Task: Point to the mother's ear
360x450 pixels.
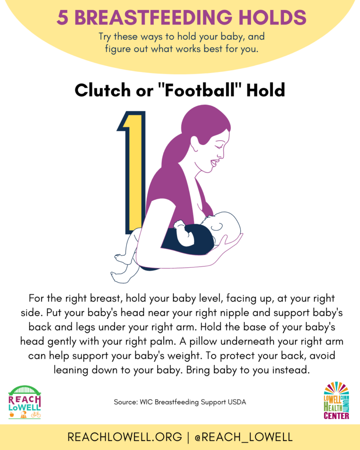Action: [194, 143]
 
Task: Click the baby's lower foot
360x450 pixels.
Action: [118, 277]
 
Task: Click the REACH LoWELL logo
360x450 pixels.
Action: [25, 402]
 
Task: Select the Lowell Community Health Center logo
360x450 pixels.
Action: [336, 401]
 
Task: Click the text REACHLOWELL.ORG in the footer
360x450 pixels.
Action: [125, 437]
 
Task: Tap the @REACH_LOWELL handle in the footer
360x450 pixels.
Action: [243, 437]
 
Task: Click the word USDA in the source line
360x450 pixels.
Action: [237, 402]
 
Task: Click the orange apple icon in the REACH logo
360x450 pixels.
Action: [12, 415]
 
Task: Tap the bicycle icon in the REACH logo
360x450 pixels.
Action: [36, 415]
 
